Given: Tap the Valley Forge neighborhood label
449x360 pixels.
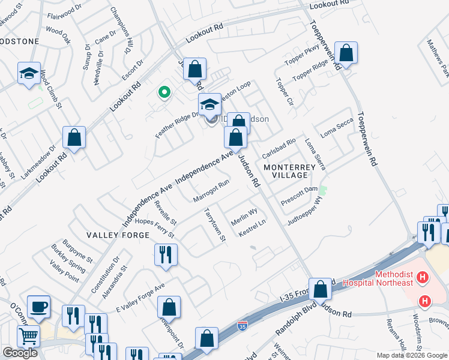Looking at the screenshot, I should [x=117, y=235].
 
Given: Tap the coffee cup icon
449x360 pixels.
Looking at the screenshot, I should [x=39, y=307].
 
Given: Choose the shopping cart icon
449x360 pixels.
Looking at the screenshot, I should [x=28, y=338].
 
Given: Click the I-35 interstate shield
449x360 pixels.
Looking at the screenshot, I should [x=242, y=326].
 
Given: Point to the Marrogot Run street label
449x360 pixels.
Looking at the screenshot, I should [x=211, y=190].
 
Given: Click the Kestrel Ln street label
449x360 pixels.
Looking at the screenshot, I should [x=252, y=227].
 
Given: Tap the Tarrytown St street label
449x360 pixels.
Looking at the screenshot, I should [x=214, y=225].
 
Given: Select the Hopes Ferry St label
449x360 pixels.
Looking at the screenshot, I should [x=155, y=226].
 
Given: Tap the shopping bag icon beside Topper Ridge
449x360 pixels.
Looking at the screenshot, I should [x=346, y=53].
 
